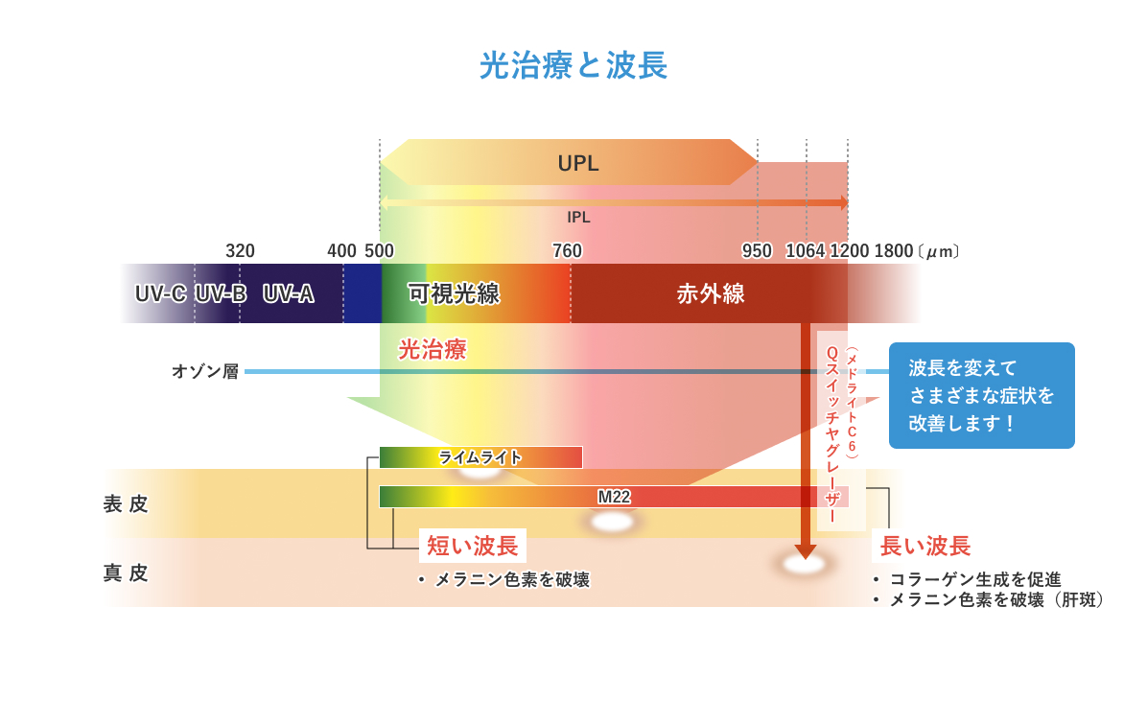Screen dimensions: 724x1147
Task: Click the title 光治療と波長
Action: pyautogui.click(x=573, y=65)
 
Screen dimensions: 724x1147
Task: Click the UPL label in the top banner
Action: pyautogui.click(x=578, y=163)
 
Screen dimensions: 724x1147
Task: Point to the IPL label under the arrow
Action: pyautogui.click(x=578, y=218)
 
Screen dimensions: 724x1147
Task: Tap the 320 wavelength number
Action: pyautogui.click(x=240, y=251)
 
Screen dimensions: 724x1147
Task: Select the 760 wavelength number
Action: pyautogui.click(x=567, y=251)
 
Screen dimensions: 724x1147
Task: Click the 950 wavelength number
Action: pyautogui.click(x=757, y=251)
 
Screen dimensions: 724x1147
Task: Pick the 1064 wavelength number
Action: pyautogui.click(x=806, y=251)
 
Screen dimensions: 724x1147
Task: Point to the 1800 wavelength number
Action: pyautogui.click(x=894, y=251)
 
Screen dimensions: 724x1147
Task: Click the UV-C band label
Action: pyautogui.click(x=160, y=293)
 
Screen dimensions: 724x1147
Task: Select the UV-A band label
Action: pyautogui.click(x=288, y=293)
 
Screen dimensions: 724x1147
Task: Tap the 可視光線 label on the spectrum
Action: pyautogui.click(x=454, y=293)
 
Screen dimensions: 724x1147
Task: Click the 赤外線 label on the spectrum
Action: pyautogui.click(x=711, y=293)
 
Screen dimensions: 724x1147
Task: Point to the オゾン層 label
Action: pyautogui.click(x=205, y=371)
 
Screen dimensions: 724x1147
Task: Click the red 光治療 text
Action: pyautogui.click(x=433, y=349)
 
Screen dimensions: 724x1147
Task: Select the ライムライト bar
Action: pyautogui.click(x=480, y=457)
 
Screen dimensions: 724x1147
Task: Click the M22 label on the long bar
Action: pyautogui.click(x=614, y=497)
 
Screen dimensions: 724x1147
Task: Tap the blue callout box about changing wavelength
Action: pyautogui.click(x=981, y=395)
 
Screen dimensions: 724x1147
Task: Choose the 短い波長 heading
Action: pyautogui.click(x=473, y=546)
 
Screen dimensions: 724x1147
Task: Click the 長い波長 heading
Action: pyautogui.click(x=925, y=546)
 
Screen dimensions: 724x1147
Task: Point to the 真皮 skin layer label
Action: pyautogui.click(x=126, y=572)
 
